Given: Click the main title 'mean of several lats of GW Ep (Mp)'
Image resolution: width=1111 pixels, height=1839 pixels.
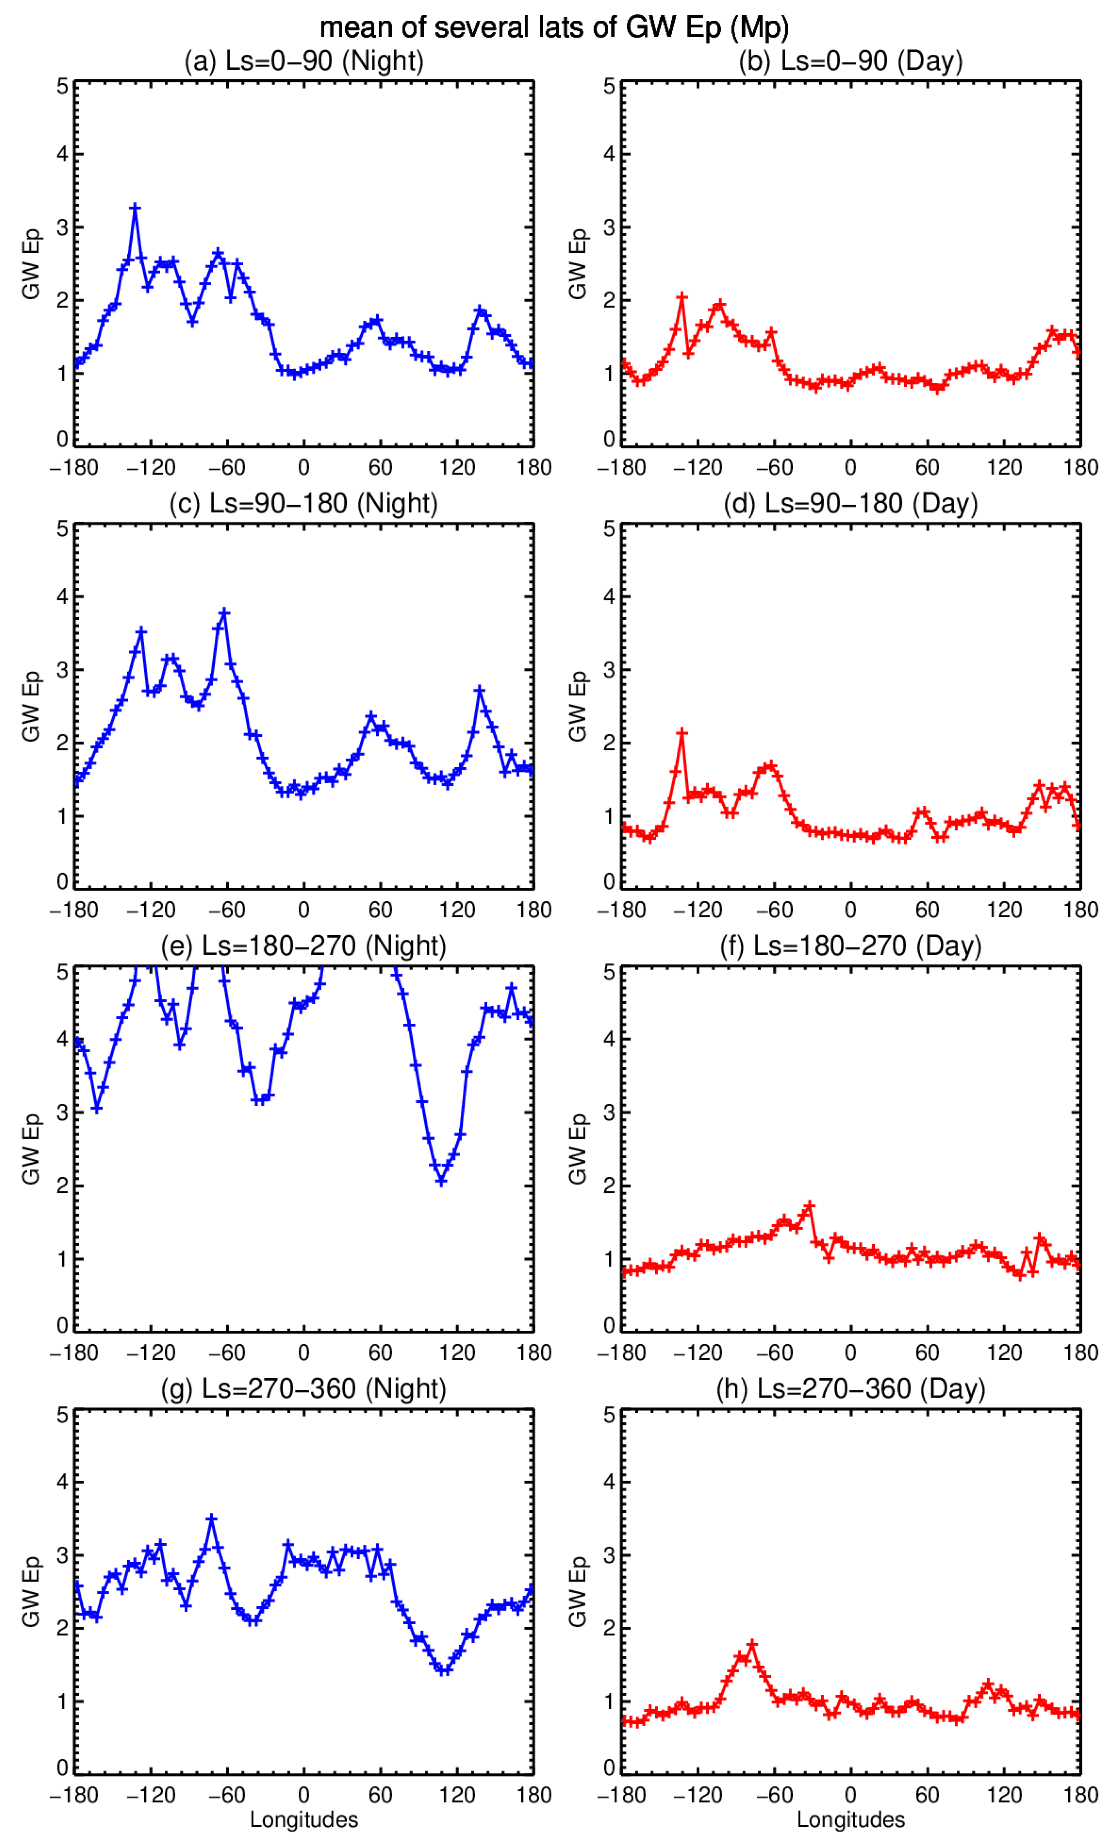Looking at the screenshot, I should (555, 28).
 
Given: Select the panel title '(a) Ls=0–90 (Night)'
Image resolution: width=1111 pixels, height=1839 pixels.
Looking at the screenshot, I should (304, 61).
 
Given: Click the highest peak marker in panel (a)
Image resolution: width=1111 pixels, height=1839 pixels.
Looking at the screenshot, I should (135, 207).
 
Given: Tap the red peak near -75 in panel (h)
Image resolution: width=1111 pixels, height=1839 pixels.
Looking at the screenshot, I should (752, 1643).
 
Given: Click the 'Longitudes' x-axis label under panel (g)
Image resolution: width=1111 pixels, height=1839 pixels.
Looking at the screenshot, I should (304, 1819).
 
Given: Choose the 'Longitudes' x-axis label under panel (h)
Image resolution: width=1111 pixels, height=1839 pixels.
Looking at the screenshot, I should (851, 1819).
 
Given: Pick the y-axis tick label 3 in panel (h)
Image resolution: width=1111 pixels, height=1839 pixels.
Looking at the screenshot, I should (610, 1555).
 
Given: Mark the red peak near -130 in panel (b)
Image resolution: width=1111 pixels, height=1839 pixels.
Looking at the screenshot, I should (682, 297).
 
